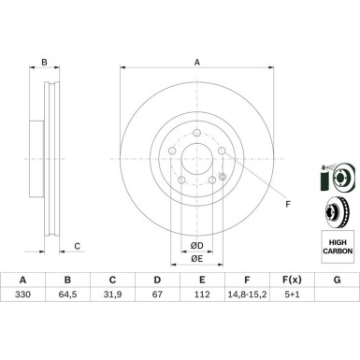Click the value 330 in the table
pos(22,294)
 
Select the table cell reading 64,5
pos(67,294)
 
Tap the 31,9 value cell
pos(112,294)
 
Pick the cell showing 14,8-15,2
pos(247,294)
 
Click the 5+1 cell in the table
pos(292,294)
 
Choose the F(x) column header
pos(292,280)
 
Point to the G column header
pos(337,280)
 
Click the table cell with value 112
pos(202,294)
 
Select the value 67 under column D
pos(157,294)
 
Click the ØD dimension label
pos(197,246)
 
